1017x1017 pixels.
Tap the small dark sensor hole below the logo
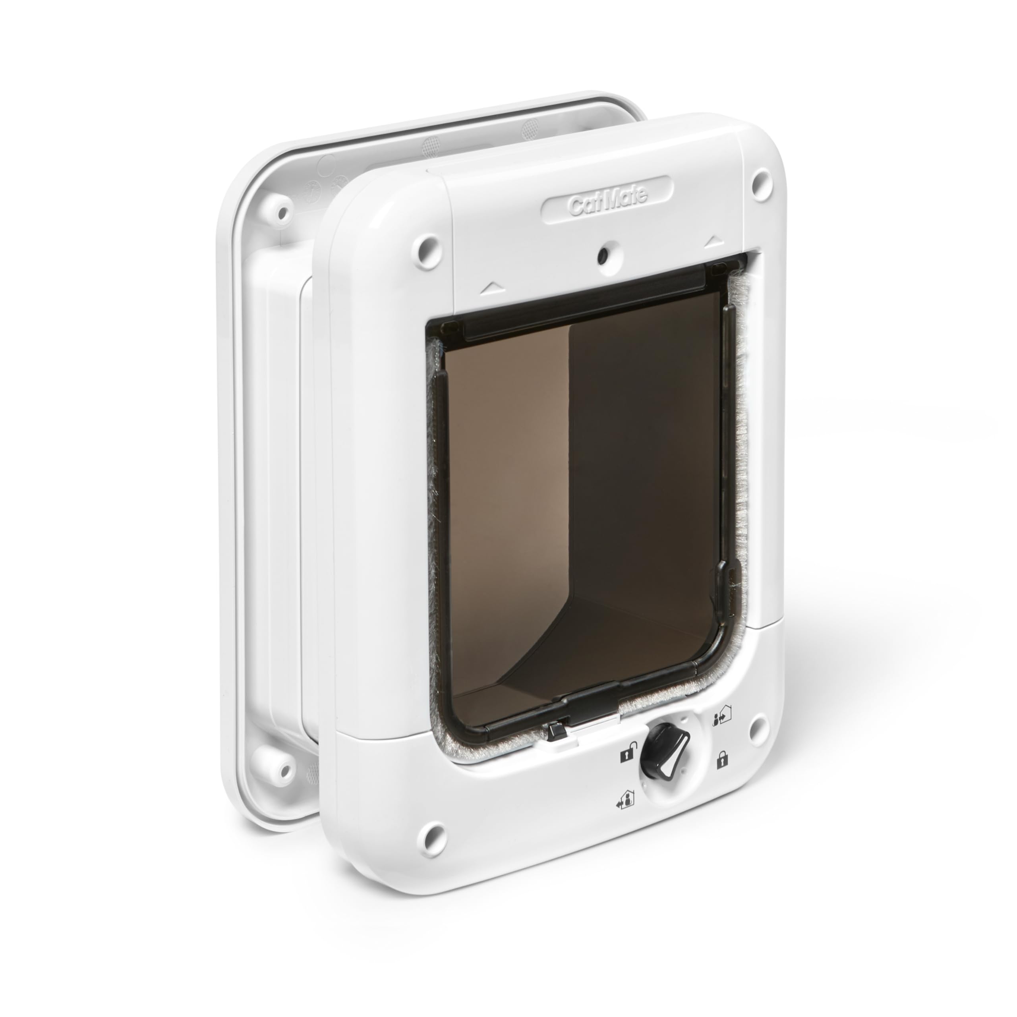(603, 256)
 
